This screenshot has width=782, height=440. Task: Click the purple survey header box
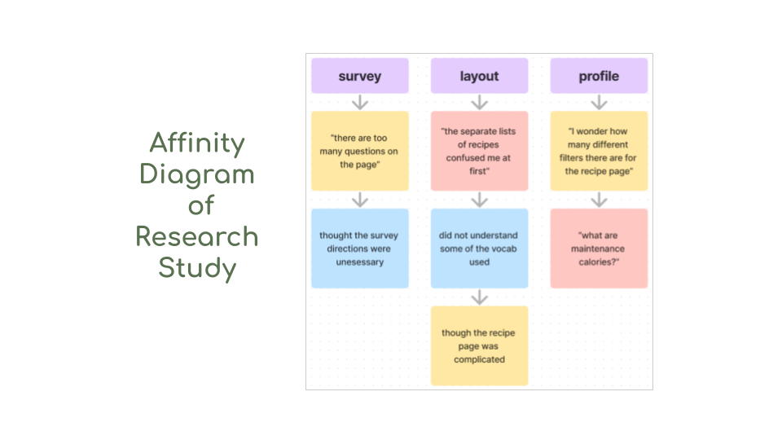[359, 76]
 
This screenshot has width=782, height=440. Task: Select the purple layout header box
[479, 76]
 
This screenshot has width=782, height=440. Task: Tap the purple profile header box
[599, 76]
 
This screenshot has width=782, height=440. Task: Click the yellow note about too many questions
[359, 151]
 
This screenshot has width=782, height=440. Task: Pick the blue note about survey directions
[359, 249]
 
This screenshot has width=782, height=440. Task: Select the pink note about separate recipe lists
[479, 151]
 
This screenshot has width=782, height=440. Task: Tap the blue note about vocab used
[479, 249]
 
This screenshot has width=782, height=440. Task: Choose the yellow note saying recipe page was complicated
[479, 345]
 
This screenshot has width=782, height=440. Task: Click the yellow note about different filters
[599, 151]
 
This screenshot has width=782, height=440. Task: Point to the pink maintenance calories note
[599, 249]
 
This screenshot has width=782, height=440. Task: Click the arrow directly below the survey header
[359, 103]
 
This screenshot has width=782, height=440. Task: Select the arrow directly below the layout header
[479, 103]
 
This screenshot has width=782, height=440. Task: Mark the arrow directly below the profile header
[599, 103]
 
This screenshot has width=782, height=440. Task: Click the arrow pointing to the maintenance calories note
[599, 200]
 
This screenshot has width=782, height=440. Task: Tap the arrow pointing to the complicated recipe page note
[479, 297]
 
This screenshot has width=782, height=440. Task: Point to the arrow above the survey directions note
[359, 200]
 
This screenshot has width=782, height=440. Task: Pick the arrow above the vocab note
[479, 200]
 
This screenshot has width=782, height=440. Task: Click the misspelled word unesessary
[359, 262]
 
